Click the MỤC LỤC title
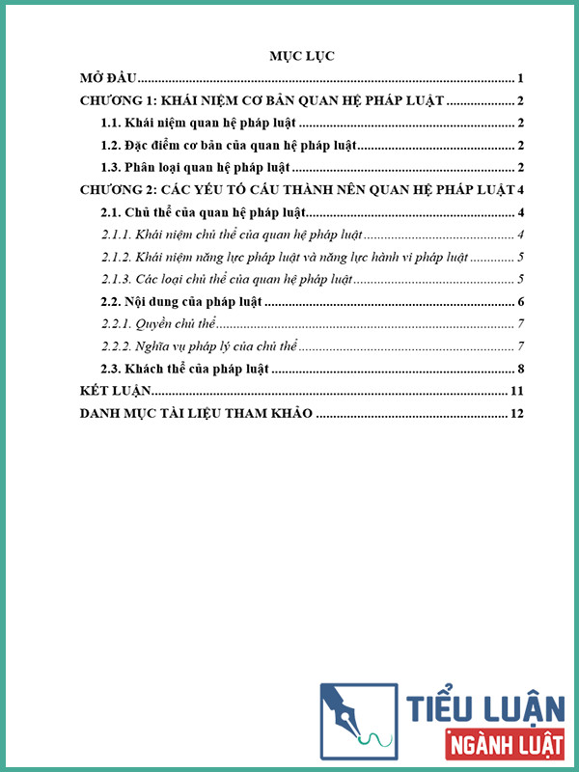point(301,57)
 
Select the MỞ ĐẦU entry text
point(109,79)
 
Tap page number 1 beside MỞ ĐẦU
point(520,79)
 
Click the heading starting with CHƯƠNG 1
point(262,101)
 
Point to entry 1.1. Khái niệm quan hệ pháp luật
point(199,124)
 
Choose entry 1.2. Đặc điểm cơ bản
point(229,146)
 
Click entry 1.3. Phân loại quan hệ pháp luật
point(196,168)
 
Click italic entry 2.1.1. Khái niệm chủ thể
point(232,234)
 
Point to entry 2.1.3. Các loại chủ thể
point(227,280)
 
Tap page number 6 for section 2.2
point(520,303)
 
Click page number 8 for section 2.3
point(520,369)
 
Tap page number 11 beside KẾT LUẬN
point(517,391)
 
